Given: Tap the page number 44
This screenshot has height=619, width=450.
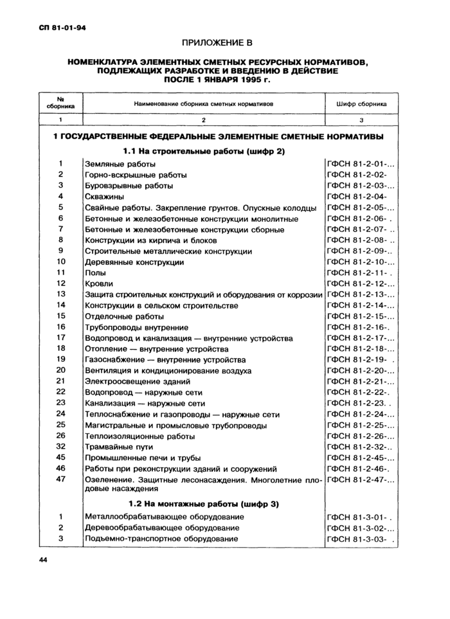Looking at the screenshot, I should click(x=43, y=561).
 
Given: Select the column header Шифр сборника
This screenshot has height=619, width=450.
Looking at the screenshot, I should click(x=361, y=103).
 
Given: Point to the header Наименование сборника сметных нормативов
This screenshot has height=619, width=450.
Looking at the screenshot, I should click(x=204, y=103).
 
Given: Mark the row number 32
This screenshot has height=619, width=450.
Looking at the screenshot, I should click(x=61, y=446).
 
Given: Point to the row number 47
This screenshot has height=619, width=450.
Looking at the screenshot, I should click(x=61, y=479).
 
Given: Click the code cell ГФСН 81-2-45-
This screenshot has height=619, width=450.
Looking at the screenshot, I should click(x=359, y=458).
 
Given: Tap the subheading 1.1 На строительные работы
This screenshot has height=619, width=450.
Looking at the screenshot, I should click(x=203, y=151).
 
